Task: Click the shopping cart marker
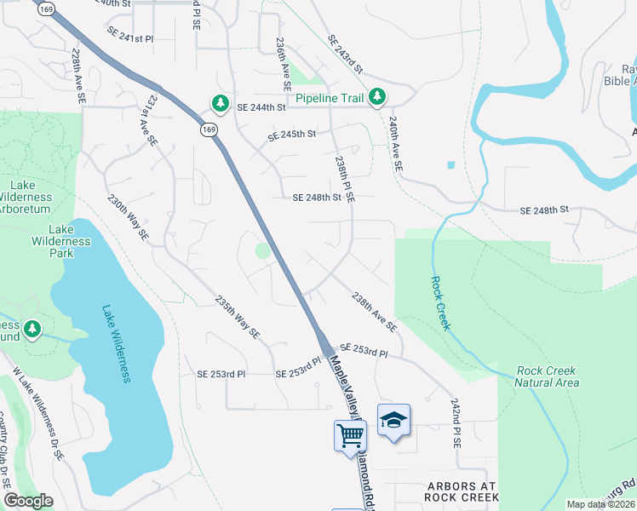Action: tap(350, 436)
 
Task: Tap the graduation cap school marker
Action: tap(393, 420)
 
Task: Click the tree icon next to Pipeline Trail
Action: tap(376, 98)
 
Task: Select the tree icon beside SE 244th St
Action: tap(221, 103)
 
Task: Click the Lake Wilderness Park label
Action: tap(70, 241)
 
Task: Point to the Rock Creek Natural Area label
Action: tap(546, 376)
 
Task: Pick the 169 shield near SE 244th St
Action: tap(209, 129)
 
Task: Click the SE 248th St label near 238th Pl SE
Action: tap(317, 198)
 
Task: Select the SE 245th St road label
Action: tap(291, 135)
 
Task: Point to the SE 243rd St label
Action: tap(344, 55)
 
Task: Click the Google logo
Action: tap(28, 501)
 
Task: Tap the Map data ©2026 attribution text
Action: tap(601, 504)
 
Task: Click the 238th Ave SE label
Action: tap(375, 313)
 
